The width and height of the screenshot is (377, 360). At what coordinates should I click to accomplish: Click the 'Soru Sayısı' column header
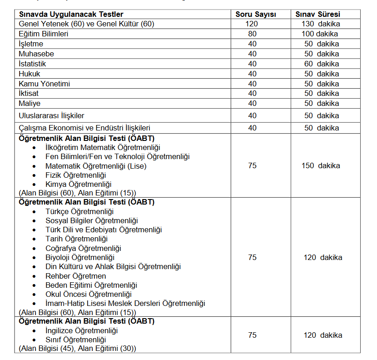tap(256, 14)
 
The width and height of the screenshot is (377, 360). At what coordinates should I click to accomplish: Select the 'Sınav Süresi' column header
tap(317, 14)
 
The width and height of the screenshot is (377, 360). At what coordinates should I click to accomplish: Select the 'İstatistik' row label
tap(32, 64)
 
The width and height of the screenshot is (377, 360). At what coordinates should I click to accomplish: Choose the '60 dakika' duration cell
tap(322, 64)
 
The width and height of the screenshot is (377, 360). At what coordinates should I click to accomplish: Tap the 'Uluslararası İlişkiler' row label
tap(51, 115)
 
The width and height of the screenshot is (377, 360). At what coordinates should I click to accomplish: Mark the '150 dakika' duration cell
tap(321, 165)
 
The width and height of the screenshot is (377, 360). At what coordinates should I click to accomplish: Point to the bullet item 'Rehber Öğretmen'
tap(75, 276)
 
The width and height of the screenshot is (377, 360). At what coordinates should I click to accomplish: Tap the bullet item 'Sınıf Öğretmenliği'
tap(75, 340)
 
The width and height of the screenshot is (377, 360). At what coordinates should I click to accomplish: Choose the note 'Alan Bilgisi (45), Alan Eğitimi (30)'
tap(77, 349)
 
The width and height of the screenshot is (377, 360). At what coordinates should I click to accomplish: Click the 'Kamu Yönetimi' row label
tap(45, 84)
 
